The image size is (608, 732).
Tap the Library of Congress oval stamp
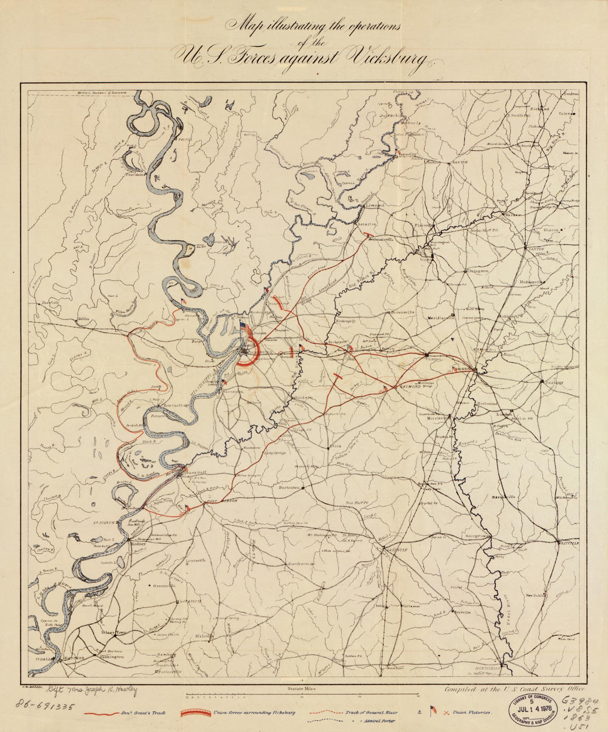point(533,708)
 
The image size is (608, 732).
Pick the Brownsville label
point(403,312)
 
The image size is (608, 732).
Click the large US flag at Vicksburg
point(244,328)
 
